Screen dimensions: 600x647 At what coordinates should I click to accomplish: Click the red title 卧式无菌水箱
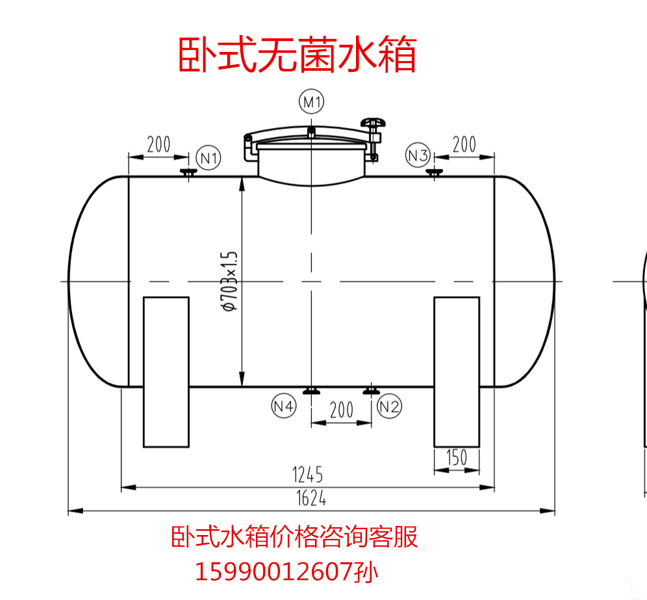(x=297, y=55)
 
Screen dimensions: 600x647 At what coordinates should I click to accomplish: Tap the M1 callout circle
(x=312, y=102)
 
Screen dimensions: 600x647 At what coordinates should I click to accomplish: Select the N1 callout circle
(x=208, y=157)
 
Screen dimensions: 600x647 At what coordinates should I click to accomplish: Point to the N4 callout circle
(x=284, y=406)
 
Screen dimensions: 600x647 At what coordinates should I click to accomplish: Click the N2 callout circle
(x=389, y=406)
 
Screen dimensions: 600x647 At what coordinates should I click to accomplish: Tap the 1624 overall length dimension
(x=311, y=499)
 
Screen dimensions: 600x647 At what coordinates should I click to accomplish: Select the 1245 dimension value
(x=307, y=475)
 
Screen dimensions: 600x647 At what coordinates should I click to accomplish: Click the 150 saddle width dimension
(x=456, y=458)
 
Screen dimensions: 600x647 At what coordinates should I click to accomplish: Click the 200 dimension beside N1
(x=159, y=144)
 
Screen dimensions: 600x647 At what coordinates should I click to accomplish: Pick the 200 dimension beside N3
(x=464, y=144)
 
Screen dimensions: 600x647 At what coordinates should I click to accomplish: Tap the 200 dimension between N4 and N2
(x=341, y=410)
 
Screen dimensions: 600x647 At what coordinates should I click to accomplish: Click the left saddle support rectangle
(x=166, y=371)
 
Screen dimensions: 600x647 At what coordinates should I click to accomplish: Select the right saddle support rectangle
(x=457, y=371)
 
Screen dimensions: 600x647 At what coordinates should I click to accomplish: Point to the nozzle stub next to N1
(x=188, y=173)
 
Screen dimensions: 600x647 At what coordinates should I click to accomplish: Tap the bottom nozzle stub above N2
(x=371, y=391)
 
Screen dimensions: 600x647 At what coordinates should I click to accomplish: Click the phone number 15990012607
(x=275, y=572)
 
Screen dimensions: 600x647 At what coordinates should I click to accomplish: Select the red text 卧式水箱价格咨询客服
(x=294, y=538)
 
